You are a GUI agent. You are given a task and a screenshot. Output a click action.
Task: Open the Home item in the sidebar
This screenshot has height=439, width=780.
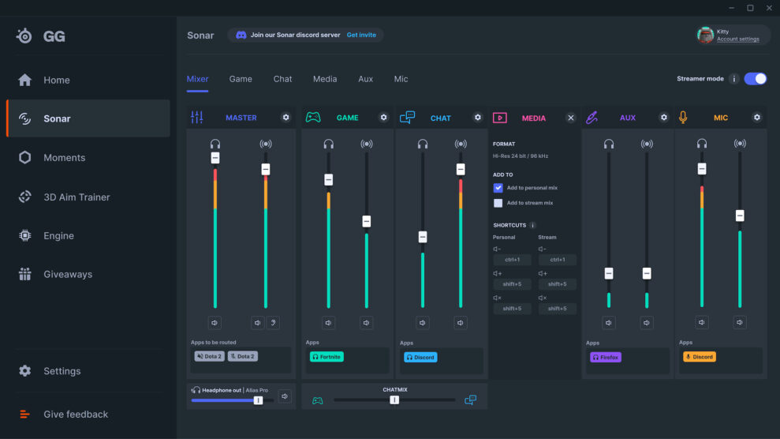56,80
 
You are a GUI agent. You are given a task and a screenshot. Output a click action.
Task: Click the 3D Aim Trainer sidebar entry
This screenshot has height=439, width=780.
77,197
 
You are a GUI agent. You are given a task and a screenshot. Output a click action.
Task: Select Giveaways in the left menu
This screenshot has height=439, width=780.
67,274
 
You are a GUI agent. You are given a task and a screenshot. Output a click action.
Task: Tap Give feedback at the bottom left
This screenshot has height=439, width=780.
76,414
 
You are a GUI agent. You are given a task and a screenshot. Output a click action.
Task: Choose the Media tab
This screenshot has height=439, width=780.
324,79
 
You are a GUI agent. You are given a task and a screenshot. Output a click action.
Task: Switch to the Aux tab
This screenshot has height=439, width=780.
365,79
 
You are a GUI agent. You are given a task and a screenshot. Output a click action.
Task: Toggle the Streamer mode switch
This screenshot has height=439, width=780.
755,79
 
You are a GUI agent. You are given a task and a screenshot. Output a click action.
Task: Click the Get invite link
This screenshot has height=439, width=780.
361,36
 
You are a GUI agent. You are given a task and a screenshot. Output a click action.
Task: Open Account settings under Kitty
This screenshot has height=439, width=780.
737,39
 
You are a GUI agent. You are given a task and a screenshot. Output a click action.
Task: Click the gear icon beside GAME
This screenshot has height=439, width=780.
383,118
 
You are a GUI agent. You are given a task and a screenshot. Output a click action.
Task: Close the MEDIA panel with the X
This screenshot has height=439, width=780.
571,118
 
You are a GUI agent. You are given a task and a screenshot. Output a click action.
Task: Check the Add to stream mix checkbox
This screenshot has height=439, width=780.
498,203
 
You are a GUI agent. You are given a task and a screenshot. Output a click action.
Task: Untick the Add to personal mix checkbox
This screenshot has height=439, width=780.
498,188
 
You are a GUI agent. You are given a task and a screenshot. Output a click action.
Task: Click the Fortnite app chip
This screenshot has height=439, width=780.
327,357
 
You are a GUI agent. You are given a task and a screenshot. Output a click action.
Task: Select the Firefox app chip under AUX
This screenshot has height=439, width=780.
606,357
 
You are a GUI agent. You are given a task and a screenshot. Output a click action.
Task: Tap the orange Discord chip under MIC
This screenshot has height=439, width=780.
699,357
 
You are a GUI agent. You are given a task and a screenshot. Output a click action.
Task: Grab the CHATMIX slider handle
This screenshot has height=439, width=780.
394,400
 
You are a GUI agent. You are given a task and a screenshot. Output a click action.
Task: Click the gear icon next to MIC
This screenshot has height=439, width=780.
757,118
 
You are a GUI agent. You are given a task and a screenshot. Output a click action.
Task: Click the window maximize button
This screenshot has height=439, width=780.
750,8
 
